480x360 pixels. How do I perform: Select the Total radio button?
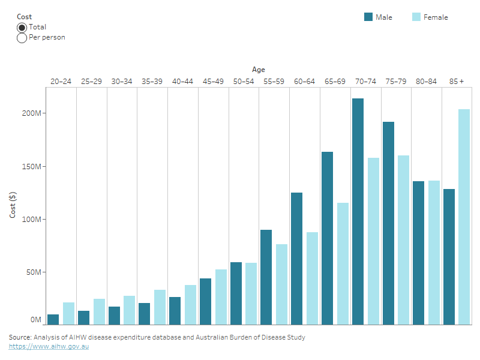(x=22, y=27)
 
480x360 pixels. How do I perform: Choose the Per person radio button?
(x=22, y=38)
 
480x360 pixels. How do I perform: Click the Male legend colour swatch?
(x=368, y=17)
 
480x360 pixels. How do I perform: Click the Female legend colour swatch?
(x=416, y=17)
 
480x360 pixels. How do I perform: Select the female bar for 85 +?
(x=464, y=217)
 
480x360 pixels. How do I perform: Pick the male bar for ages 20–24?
(x=53, y=319)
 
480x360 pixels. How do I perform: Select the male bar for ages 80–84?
(x=419, y=253)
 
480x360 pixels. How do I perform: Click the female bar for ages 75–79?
(x=404, y=240)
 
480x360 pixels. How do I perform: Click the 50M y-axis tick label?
(x=34, y=272)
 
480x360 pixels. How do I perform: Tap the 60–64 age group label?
(x=304, y=81)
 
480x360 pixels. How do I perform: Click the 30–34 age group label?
(x=122, y=81)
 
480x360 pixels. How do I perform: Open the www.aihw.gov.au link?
(x=49, y=347)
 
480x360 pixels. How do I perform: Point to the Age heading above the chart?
(x=258, y=70)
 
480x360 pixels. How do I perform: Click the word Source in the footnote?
(x=20, y=338)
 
